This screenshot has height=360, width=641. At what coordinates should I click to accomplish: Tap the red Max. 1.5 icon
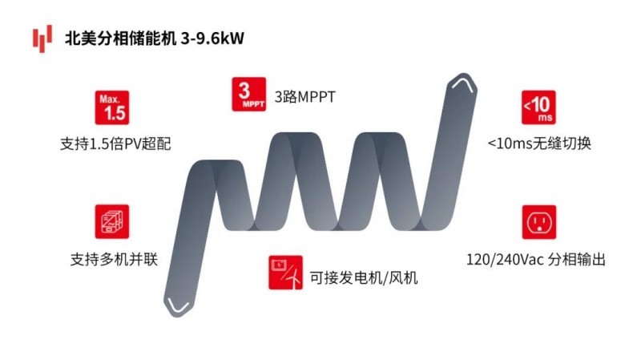click(113, 108)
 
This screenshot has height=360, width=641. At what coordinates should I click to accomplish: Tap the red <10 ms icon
click(538, 108)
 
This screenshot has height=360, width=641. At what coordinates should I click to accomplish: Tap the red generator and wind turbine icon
click(285, 273)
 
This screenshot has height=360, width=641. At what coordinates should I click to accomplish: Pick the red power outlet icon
click(538, 222)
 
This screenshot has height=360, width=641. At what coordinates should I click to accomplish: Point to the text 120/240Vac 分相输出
click(534, 261)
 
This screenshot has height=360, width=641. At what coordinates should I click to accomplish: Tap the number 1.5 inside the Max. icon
click(114, 113)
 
